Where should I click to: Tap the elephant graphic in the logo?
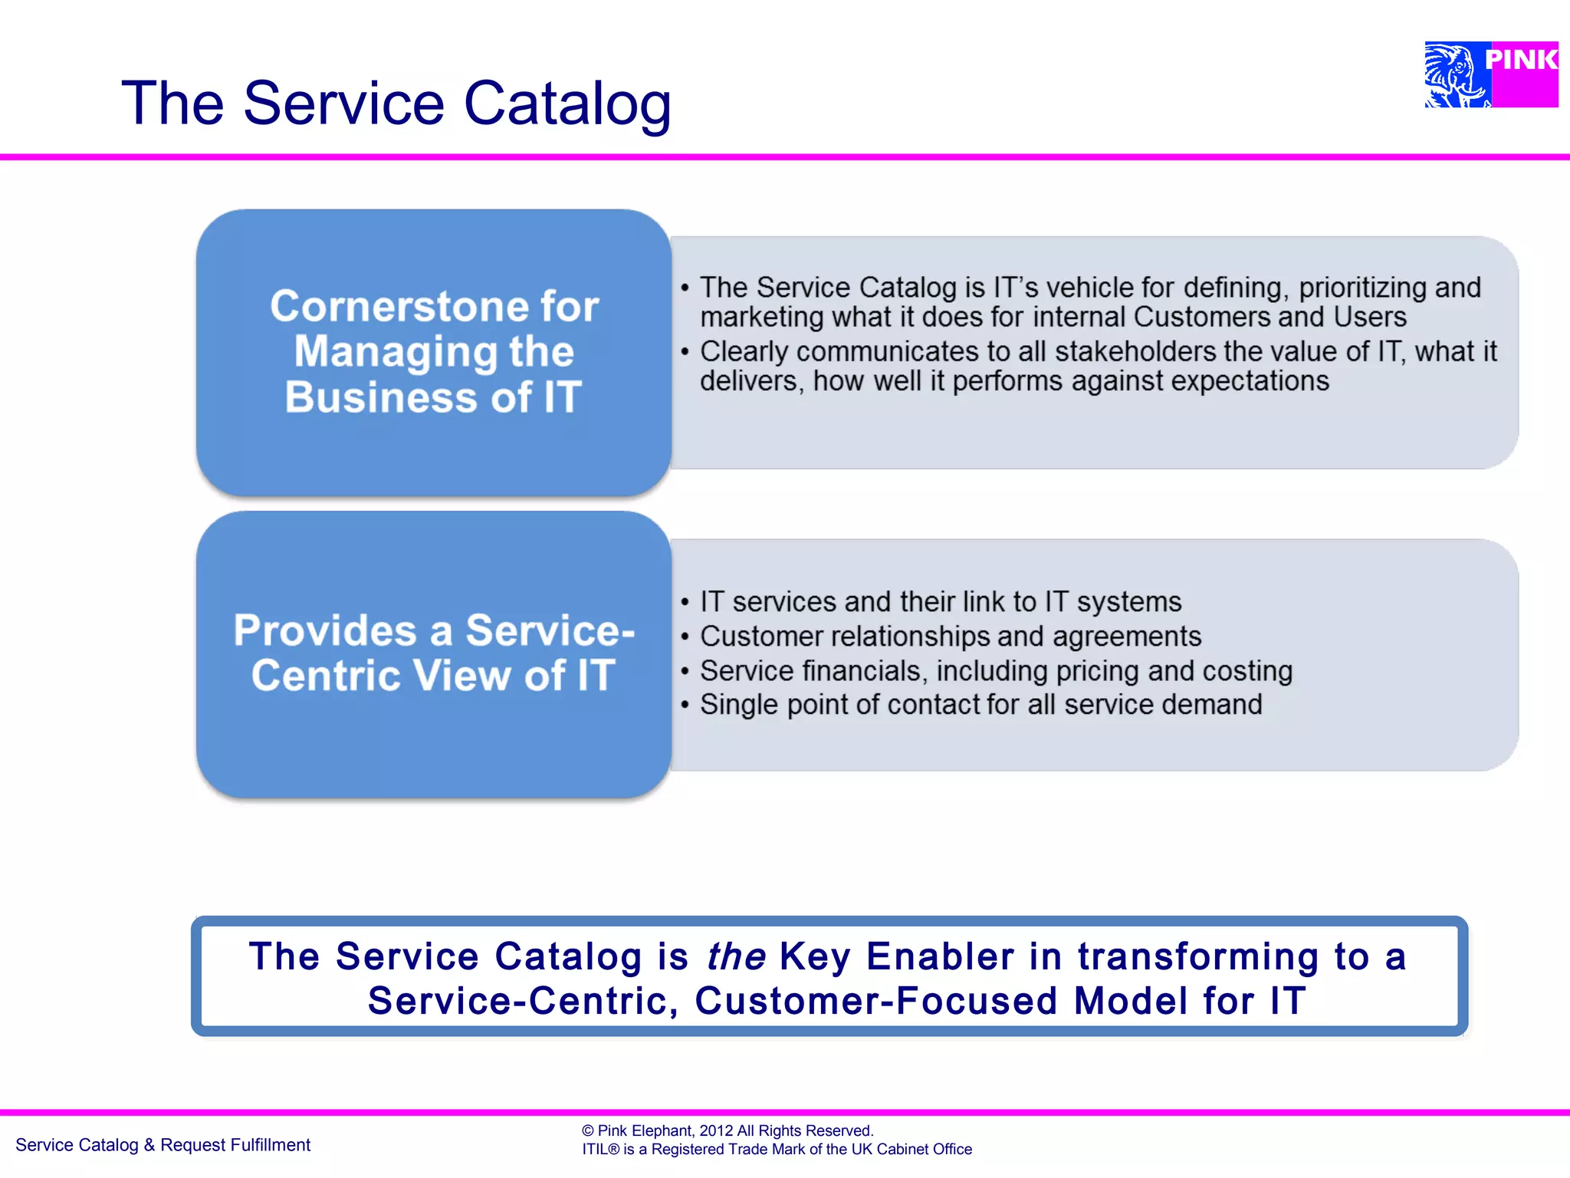(x=1455, y=75)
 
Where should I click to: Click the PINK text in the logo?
(x=1521, y=60)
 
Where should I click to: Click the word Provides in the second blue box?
(x=325, y=630)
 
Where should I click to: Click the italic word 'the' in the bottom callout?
(x=735, y=956)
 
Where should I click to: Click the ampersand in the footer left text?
(x=149, y=1145)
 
